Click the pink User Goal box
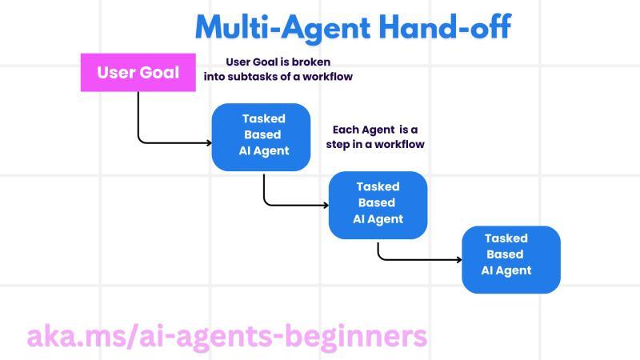pos(138,73)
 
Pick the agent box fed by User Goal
pos(261,137)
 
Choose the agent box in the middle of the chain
pos(378,204)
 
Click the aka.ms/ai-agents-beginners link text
pos(227,336)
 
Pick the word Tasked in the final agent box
pos(506,238)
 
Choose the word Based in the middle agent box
pos(377,203)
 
